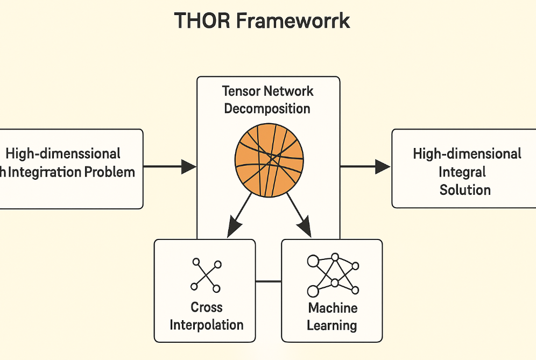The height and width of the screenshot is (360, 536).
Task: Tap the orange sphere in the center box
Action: [x=269, y=160]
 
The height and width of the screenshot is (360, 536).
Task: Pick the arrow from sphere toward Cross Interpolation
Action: [x=239, y=215]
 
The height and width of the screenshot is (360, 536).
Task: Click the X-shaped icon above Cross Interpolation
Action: [x=206, y=276]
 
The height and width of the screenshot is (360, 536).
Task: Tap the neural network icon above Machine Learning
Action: [x=332, y=275]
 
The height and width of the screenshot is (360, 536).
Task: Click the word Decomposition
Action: [x=267, y=108]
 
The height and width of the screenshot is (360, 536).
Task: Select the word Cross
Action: [x=207, y=307]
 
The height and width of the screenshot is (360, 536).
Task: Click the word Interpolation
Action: [x=207, y=325]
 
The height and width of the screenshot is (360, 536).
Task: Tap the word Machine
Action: [x=333, y=308]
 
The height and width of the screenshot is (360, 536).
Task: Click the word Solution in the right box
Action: [x=465, y=189]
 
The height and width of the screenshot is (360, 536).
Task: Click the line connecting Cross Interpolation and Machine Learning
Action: [x=268, y=281]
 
